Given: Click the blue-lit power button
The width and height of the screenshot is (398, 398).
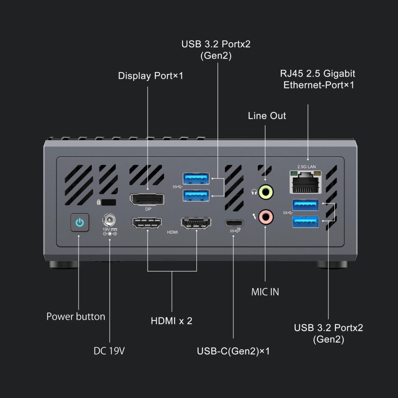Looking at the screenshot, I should pyautogui.click(x=80, y=222).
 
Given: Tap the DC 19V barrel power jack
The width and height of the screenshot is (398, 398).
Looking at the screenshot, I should pyautogui.click(x=109, y=220).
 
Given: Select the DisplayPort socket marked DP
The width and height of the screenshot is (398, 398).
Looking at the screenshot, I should pyautogui.click(x=147, y=199).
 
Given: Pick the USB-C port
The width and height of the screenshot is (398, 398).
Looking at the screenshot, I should pyautogui.click(x=234, y=223).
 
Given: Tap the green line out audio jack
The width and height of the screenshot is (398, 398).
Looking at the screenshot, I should pyautogui.click(x=266, y=192).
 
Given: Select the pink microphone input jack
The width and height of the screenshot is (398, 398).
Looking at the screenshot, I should pyautogui.click(x=266, y=217).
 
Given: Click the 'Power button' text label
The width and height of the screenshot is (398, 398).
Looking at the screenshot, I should pyautogui.click(x=76, y=316).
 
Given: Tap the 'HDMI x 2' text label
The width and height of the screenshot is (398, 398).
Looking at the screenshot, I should pyautogui.click(x=171, y=321).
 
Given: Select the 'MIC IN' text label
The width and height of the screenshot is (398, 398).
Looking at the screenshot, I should pyautogui.click(x=265, y=292).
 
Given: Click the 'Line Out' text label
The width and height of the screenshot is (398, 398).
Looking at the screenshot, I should pyautogui.click(x=267, y=116).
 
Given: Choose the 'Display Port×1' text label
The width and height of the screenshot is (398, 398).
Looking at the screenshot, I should pyautogui.click(x=150, y=76).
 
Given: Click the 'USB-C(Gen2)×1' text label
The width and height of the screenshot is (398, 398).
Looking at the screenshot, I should pyautogui.click(x=233, y=351).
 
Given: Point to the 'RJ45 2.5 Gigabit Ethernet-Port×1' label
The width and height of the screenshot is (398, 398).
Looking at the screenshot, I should pyautogui.click(x=318, y=79).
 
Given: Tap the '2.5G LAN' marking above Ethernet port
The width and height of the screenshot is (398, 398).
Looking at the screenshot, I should pyautogui.click(x=307, y=166).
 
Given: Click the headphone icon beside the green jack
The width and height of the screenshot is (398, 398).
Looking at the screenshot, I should pyautogui.click(x=254, y=192).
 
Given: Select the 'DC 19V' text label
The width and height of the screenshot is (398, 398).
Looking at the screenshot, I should pyautogui.click(x=109, y=351).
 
